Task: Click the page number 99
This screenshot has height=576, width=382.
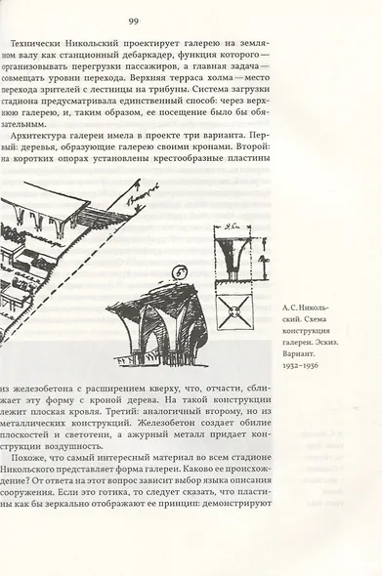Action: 134,21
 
